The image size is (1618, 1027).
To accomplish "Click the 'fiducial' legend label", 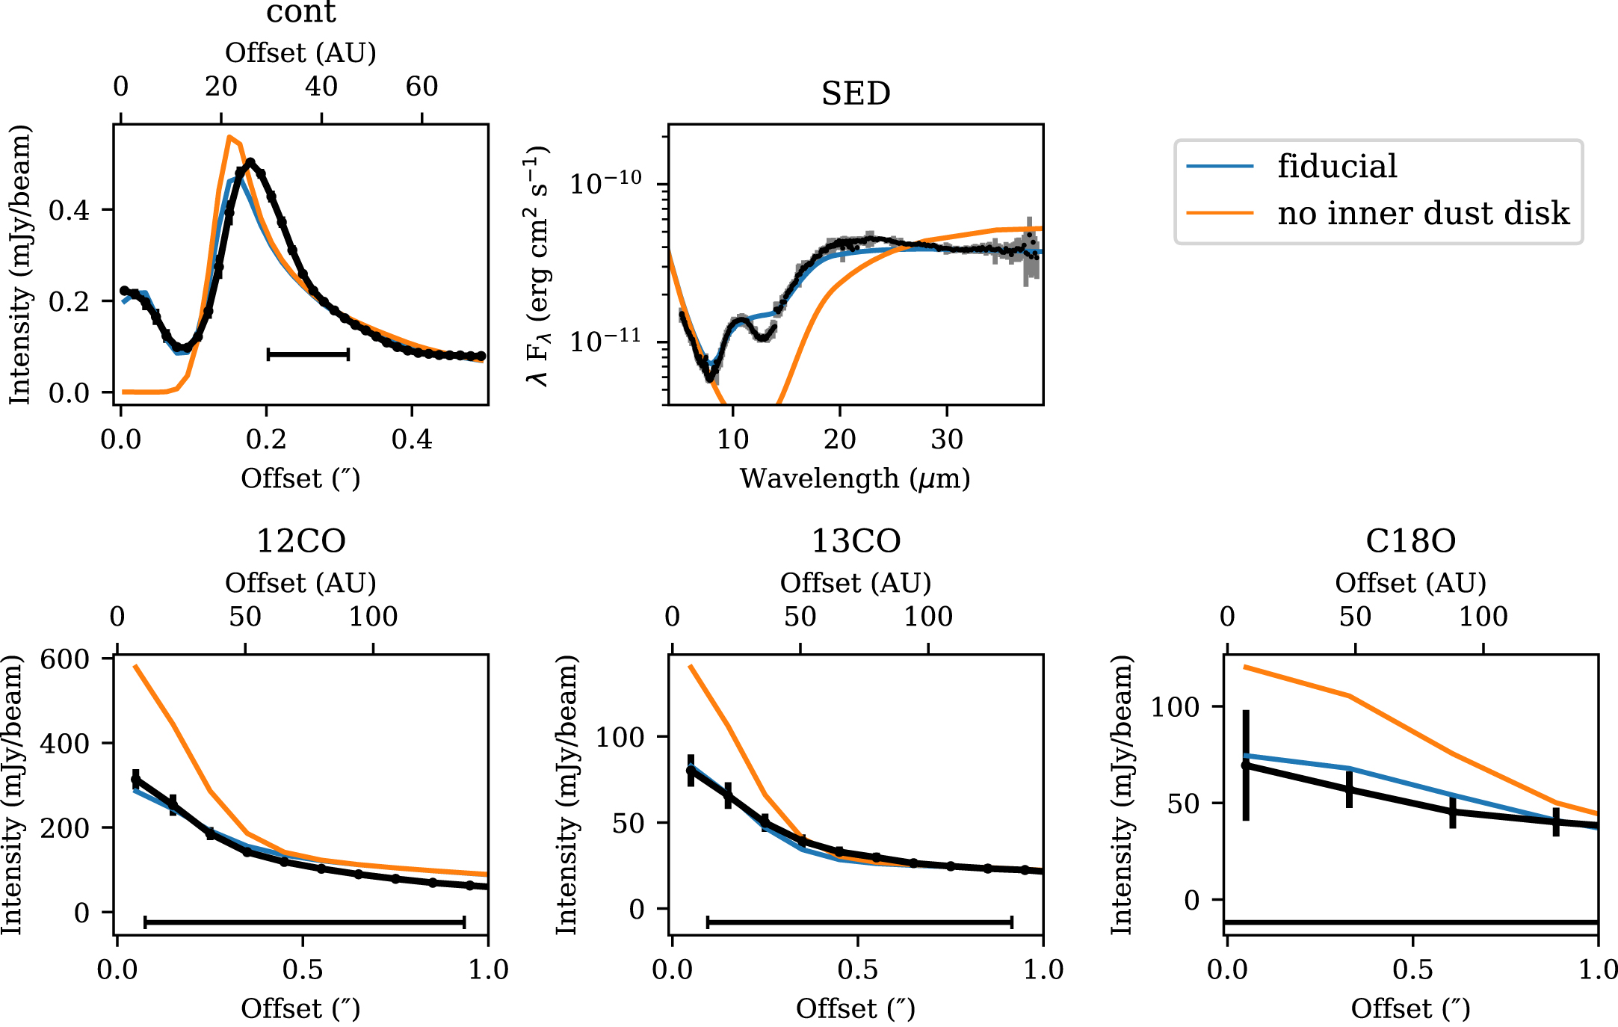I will point(1337,166).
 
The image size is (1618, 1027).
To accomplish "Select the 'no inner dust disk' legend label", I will point(1423,214).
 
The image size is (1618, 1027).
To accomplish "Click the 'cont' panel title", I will point(301,12).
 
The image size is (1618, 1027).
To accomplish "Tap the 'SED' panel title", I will point(856,94).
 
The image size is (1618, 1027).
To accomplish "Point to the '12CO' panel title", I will point(301,541).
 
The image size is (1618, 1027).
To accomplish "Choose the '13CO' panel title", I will point(856,541).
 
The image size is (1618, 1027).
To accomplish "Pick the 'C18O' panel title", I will point(1410,541).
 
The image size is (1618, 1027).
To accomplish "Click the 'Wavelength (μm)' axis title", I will point(855,478).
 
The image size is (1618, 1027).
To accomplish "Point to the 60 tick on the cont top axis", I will point(422,87).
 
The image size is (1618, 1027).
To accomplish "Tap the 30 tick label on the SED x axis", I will point(947,439).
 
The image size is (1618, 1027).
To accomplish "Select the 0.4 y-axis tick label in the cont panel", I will point(69,210).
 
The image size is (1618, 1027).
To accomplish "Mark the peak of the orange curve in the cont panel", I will point(229,137).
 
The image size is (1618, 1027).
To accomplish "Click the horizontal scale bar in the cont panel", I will point(308,354).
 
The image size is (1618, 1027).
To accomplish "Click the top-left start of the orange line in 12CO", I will point(135,666).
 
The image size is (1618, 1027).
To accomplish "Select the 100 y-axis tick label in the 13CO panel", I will point(620,737).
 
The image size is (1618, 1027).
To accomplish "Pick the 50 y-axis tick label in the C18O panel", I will point(1184,804).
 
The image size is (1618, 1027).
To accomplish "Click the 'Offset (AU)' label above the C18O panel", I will point(1410,583).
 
